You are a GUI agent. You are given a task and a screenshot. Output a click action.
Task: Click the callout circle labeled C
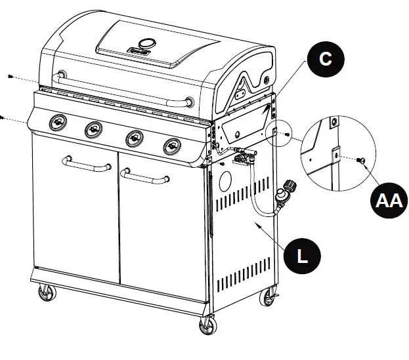click(324, 59)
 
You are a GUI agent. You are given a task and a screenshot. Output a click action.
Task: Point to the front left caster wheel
click(46, 292)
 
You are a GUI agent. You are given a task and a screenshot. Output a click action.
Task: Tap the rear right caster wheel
click(269, 298)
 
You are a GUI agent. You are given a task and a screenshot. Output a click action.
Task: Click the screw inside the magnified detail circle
click(360, 159)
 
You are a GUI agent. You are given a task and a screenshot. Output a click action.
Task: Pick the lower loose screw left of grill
click(2, 117)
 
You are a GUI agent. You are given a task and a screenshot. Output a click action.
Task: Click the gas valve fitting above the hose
click(244, 157)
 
